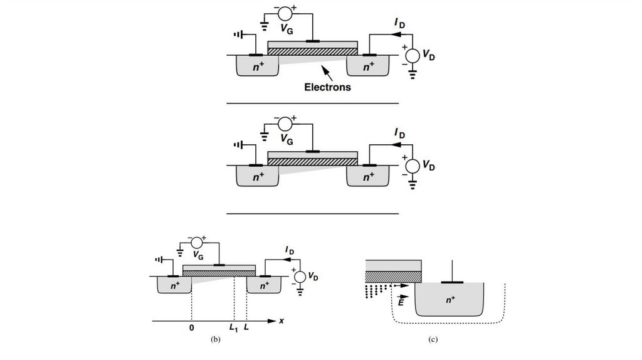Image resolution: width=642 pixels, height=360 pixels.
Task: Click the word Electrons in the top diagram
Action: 327,87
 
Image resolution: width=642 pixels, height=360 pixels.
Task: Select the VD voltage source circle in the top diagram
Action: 411,55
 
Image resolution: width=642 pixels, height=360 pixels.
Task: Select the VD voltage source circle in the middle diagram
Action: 411,166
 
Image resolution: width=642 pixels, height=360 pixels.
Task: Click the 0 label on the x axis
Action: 192,327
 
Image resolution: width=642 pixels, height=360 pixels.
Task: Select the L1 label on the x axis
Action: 233,327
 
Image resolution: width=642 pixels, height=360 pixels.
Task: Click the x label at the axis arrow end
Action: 282,320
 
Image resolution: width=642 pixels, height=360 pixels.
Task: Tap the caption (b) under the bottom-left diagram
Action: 216,340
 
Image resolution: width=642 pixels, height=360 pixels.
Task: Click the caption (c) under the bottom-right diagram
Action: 433,340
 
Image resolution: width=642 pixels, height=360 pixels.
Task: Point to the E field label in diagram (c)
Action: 401,302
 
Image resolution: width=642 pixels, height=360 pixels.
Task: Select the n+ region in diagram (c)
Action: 450,300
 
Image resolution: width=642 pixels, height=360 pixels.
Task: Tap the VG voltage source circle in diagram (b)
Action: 197,241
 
